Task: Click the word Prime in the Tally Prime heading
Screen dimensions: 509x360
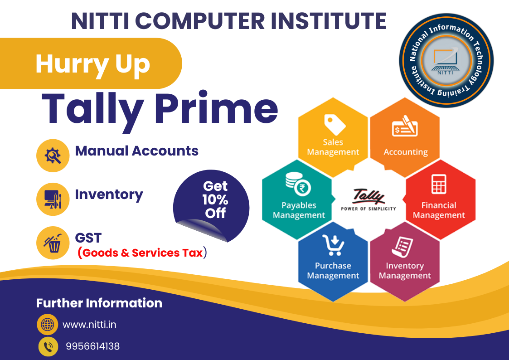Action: click(x=216, y=108)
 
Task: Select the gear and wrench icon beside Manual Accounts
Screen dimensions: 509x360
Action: click(x=53, y=156)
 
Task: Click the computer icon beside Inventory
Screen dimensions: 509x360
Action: click(x=53, y=199)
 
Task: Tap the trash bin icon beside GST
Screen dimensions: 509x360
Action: click(x=53, y=243)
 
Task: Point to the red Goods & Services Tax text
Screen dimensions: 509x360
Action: click(x=142, y=253)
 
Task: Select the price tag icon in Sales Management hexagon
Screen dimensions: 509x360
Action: click(x=334, y=124)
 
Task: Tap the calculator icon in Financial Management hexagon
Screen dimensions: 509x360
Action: click(x=439, y=184)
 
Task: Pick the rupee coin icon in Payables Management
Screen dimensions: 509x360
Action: click(x=298, y=184)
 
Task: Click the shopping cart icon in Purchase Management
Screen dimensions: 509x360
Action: click(x=334, y=245)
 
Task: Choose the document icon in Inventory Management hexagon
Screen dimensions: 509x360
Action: click(x=402, y=247)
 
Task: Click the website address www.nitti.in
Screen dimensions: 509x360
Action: click(x=89, y=325)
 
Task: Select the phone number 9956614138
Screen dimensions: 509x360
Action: click(x=93, y=346)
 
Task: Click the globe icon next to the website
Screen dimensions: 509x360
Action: click(x=48, y=324)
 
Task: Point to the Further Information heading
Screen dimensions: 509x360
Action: click(x=99, y=303)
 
